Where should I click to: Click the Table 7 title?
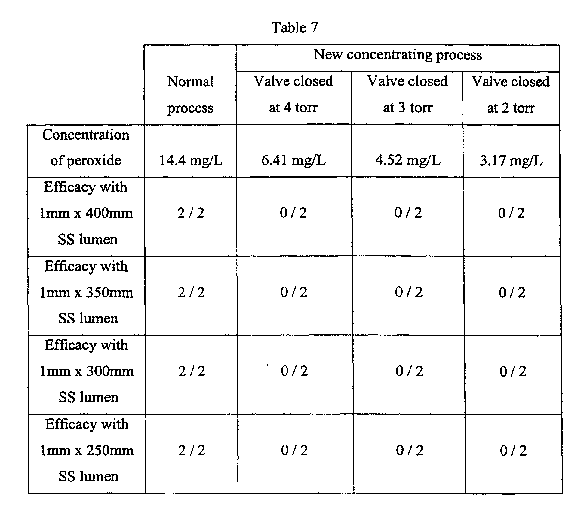pyautogui.click(x=294, y=28)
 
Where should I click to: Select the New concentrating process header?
pyautogui.click(x=398, y=55)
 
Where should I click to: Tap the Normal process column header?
pyautogui.click(x=190, y=94)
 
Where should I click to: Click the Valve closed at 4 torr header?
pyautogui.click(x=293, y=94)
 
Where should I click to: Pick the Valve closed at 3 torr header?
pyautogui.click(x=407, y=94)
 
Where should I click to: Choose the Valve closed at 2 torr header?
pyautogui.click(x=511, y=94)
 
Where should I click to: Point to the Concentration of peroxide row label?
pyautogui.click(x=86, y=147)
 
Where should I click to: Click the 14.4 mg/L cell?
pyautogui.click(x=190, y=160)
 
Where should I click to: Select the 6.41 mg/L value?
pyautogui.click(x=293, y=160)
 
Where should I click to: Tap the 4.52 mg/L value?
pyautogui.click(x=408, y=160)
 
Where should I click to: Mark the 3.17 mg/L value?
pyautogui.click(x=511, y=160)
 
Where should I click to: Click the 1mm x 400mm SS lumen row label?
pyautogui.click(x=86, y=213)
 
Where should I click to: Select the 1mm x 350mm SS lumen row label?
pyautogui.click(x=87, y=292)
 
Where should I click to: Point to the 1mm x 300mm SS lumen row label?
pyautogui.click(x=87, y=371)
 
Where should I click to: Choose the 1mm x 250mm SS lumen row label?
pyautogui.click(x=87, y=450)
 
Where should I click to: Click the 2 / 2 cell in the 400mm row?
pyautogui.click(x=191, y=213)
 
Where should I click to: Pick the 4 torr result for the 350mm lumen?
pyautogui.click(x=294, y=292)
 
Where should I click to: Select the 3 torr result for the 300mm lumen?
pyautogui.click(x=409, y=371)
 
